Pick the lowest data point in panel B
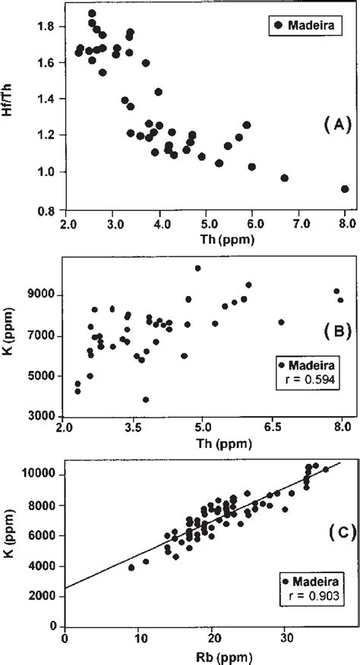point(146,399)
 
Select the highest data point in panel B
point(197,268)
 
